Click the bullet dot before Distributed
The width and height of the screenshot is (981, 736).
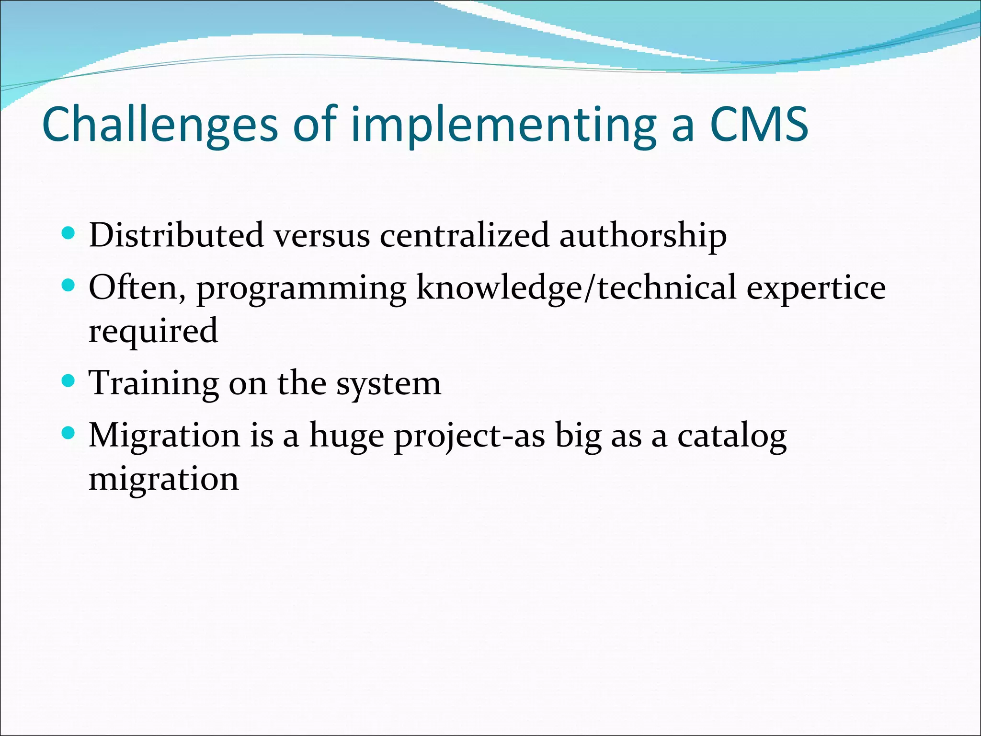(x=69, y=233)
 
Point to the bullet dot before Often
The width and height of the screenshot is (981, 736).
(x=69, y=286)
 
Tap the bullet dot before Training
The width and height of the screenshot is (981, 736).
(x=69, y=381)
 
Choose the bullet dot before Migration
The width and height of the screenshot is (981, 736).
(x=69, y=434)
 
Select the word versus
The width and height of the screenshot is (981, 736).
(x=322, y=236)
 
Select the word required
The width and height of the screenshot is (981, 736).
(x=153, y=331)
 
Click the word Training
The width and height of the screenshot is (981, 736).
(x=154, y=384)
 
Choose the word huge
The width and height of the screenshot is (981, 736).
(x=346, y=437)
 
